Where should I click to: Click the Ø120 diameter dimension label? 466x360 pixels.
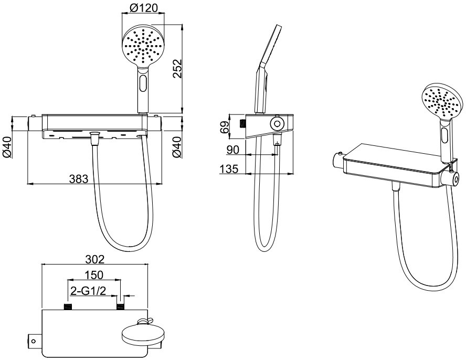click(x=144, y=8)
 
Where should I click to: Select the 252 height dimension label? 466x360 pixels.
click(x=177, y=69)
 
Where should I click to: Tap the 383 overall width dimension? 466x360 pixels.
click(x=79, y=179)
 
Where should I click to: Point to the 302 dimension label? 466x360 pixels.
click(x=95, y=259)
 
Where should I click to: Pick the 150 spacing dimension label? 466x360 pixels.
click(x=94, y=275)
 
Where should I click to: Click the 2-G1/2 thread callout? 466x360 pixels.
click(x=88, y=291)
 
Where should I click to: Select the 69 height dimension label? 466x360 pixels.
click(x=225, y=127)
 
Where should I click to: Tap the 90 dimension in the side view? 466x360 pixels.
click(x=232, y=150)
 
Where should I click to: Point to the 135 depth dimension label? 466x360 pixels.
click(x=229, y=169)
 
